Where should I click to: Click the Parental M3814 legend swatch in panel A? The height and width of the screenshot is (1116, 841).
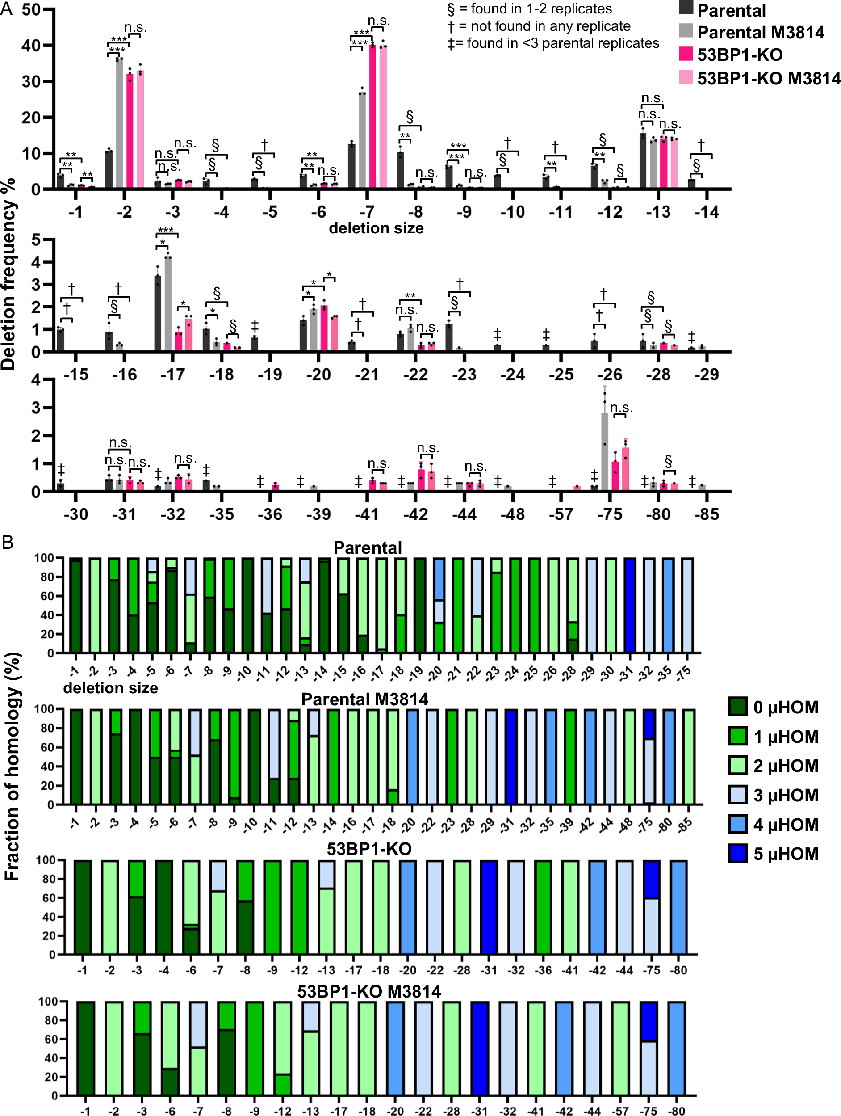click(686, 31)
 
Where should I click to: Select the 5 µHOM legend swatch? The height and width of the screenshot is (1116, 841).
click(738, 854)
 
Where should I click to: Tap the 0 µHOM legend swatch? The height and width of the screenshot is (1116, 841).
click(738, 707)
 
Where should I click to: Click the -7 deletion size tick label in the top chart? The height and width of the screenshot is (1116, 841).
click(367, 212)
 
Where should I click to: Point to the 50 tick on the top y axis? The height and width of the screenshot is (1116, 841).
click(31, 10)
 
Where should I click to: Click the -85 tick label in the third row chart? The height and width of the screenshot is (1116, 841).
click(707, 514)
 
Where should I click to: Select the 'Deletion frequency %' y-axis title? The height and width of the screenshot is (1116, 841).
click(9, 275)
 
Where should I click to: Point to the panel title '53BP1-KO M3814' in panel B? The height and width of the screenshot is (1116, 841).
click(368, 991)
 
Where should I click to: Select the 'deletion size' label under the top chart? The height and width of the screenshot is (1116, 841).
click(376, 228)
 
